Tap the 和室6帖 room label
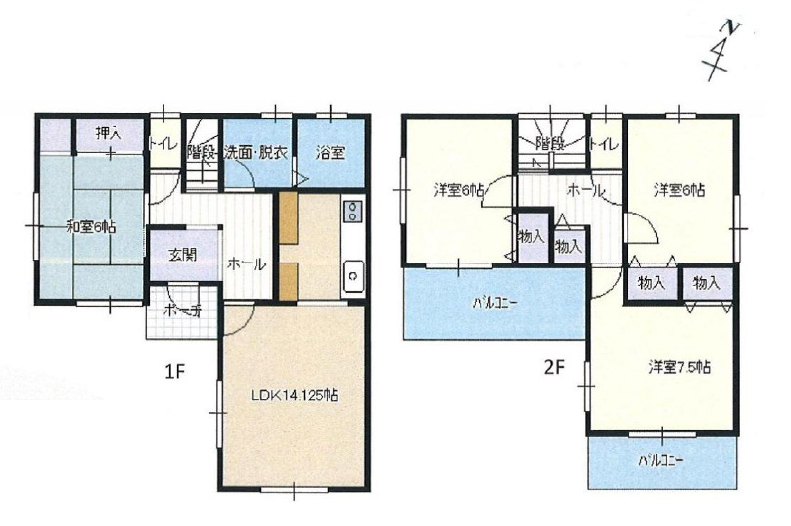pyautogui.click(x=91, y=227)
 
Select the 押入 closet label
pyautogui.click(x=109, y=133)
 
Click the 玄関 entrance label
pyautogui.click(x=182, y=255)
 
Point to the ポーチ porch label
pyautogui.click(x=183, y=311)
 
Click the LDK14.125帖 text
pyautogui.click(x=295, y=394)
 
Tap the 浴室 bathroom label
pyautogui.click(x=331, y=152)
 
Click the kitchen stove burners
pyautogui.click(x=352, y=212)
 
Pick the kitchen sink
pyautogui.click(x=353, y=276)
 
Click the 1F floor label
pyautogui.click(x=175, y=372)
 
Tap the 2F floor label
pyautogui.click(x=553, y=367)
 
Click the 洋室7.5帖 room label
pyautogui.click(x=679, y=367)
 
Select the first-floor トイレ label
pyautogui.click(x=163, y=145)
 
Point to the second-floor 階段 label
pyautogui.click(x=549, y=144)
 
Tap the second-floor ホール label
pyautogui.click(x=585, y=191)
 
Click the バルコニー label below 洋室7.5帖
pyautogui.click(x=661, y=461)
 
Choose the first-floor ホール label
pyautogui.click(x=246, y=264)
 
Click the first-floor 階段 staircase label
pyautogui.click(x=202, y=152)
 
